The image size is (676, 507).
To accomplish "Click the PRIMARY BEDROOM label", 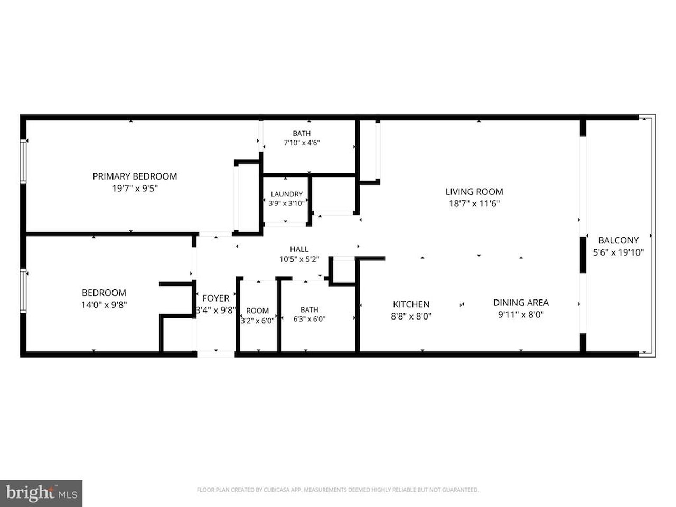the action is (x=135, y=176).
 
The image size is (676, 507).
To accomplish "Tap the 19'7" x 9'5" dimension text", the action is (x=135, y=189).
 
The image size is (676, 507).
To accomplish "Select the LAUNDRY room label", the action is (x=286, y=194).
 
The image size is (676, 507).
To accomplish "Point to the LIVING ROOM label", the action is (x=474, y=192).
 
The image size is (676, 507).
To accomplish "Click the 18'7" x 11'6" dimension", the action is (x=474, y=204).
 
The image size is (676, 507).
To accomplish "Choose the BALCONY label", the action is (x=618, y=240).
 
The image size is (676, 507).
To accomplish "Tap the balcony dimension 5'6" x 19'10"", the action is (x=618, y=252).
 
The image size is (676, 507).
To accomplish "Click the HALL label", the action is (x=299, y=249).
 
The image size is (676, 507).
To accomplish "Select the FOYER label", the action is (x=215, y=298).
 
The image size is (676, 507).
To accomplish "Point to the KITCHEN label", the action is (x=411, y=304).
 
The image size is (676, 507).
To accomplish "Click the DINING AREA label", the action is (x=521, y=303).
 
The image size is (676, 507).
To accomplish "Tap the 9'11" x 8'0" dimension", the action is (x=521, y=315).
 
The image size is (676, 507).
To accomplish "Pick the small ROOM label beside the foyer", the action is (x=258, y=311).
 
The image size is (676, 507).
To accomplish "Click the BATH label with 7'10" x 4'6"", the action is (x=302, y=133).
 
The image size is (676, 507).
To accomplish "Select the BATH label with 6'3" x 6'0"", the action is (x=309, y=309).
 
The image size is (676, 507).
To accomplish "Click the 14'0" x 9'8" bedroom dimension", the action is (x=104, y=305).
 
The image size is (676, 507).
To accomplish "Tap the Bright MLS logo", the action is (x=41, y=493).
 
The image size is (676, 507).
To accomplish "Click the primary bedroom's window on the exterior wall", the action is (x=23, y=161).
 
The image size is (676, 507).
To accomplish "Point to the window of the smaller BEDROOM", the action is (x=23, y=291).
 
